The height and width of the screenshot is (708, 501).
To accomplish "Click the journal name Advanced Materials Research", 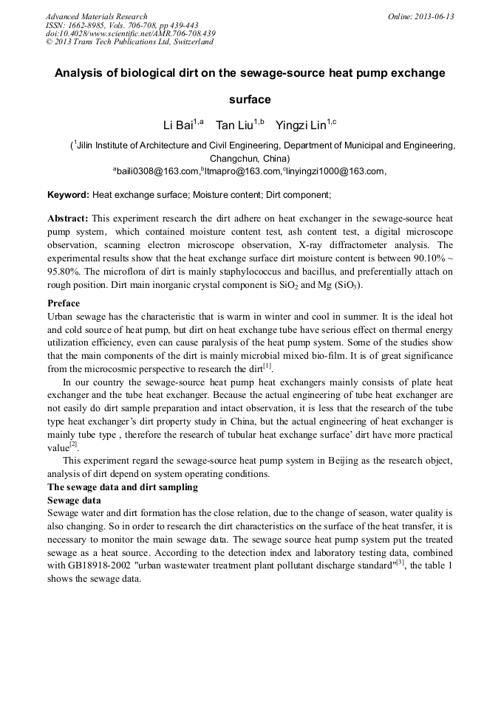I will point(96,16).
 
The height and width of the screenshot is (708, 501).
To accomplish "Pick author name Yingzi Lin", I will point(301,124).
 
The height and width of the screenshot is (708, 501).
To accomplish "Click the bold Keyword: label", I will point(68,195).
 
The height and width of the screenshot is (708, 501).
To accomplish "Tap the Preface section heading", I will point(64,303).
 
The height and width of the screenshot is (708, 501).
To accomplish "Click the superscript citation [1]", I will point(267,365).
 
